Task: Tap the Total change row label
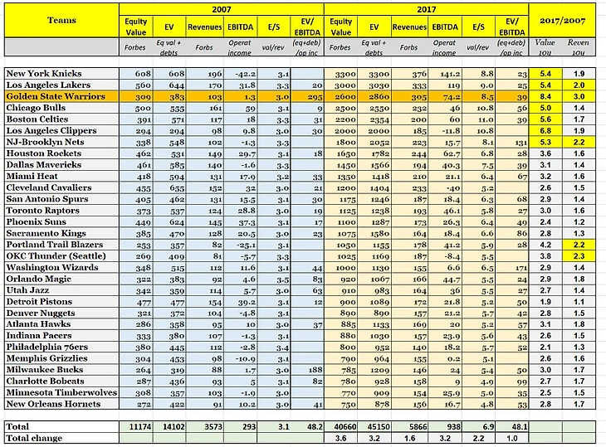38,437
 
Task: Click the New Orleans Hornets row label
54,405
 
